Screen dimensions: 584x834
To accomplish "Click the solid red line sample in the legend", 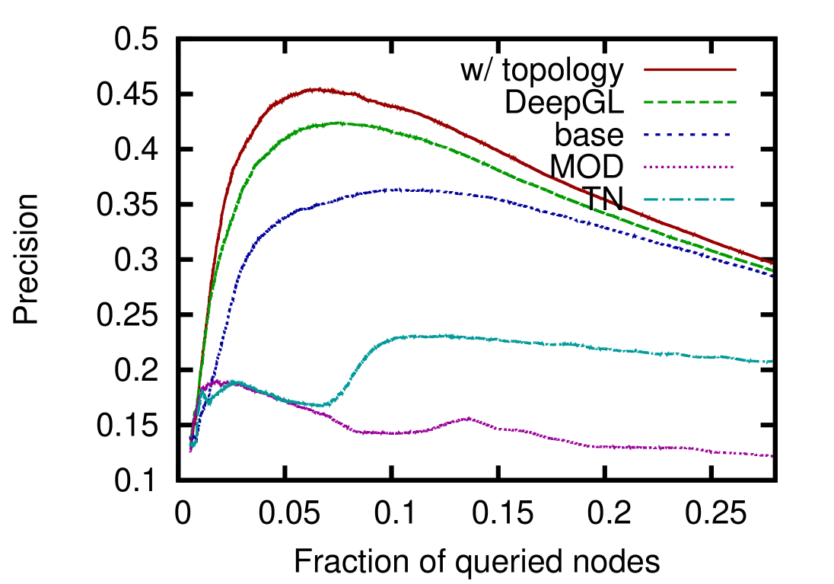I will (689, 69).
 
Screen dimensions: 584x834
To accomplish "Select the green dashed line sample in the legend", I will (689, 101).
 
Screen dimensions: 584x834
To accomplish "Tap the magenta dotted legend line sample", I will (688, 166).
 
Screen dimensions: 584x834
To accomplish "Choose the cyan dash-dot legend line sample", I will (688, 199).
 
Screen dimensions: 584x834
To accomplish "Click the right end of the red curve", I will (772, 263).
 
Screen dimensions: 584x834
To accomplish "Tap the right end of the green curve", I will (772, 270).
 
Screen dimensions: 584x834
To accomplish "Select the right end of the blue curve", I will (772, 276).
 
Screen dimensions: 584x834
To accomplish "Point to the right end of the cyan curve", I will (772, 361).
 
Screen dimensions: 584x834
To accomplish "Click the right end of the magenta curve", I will (772, 455).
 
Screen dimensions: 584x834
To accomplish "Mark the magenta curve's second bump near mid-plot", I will (469, 418).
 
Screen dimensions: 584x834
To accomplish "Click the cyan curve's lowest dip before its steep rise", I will (323, 405).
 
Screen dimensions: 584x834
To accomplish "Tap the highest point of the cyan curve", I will (449, 335).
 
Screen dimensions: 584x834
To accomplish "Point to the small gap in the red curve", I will (618, 204).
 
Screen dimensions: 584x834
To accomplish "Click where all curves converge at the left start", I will (191, 442).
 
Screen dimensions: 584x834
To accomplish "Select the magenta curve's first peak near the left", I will (216, 381).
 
